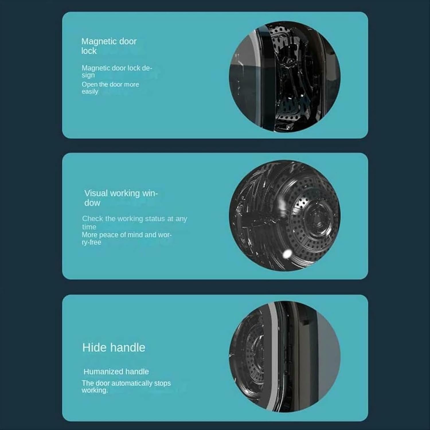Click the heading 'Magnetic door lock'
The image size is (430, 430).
[x=109, y=46]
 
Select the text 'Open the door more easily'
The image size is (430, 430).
[x=110, y=88]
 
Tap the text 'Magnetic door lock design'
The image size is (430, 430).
[x=116, y=71]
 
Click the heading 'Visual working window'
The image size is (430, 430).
[x=121, y=198]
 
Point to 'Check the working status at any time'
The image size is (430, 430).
[x=134, y=222]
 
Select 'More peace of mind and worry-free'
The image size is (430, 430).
[x=126, y=238]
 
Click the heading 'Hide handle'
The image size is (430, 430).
[x=114, y=347]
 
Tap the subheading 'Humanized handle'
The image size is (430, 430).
[x=116, y=372]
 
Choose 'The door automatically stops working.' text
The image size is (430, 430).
[x=126, y=386]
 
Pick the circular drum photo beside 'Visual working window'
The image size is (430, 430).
[x=284, y=216]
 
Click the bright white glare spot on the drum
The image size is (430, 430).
[x=287, y=253]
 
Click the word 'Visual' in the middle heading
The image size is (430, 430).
[x=96, y=193]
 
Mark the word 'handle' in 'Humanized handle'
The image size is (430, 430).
[x=136, y=372]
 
